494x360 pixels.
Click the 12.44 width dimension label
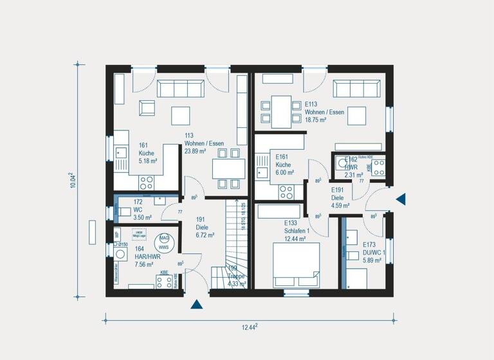point(250,327)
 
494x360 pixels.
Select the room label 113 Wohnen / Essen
point(195,143)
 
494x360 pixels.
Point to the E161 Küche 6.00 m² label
point(284,165)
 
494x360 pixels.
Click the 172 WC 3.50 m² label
point(142,210)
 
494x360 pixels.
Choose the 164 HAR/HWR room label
point(143,255)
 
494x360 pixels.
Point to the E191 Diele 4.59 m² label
point(340,198)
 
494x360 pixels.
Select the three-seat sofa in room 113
point(181,89)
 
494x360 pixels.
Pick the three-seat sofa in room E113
point(356,88)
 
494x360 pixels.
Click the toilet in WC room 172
point(124,210)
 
